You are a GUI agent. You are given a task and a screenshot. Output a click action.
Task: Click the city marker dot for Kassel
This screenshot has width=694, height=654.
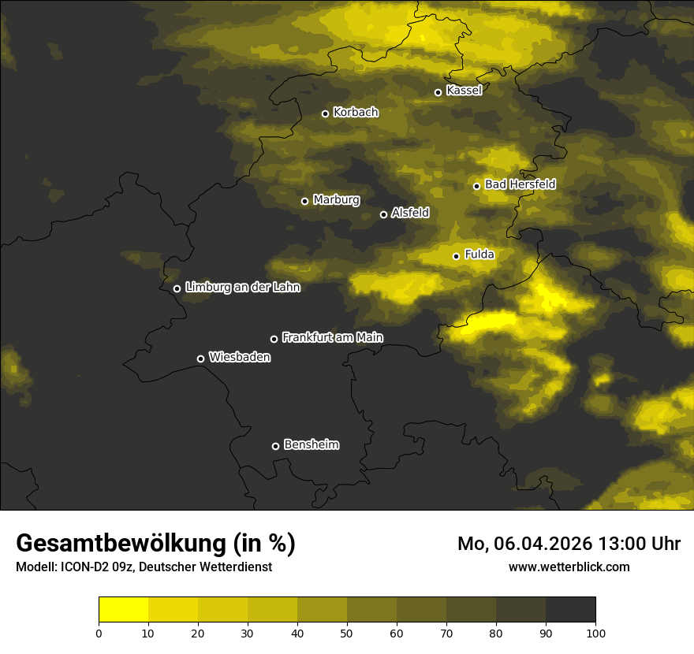click(x=438, y=92)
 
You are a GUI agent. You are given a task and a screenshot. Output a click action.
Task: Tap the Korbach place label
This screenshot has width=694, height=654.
click(x=356, y=113)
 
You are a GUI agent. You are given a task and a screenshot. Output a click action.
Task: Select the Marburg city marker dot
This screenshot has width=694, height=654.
click(x=304, y=201)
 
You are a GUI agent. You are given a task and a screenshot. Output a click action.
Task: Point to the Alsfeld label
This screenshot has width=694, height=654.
click(x=410, y=213)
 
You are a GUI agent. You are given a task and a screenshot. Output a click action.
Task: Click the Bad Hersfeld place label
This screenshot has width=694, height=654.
click(x=520, y=184)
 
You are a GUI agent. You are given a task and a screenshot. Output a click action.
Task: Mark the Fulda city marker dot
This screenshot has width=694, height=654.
click(x=456, y=256)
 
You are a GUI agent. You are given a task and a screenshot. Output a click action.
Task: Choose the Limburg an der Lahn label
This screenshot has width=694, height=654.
click(x=242, y=288)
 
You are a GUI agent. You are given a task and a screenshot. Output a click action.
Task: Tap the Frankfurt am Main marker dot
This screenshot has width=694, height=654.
click(x=274, y=339)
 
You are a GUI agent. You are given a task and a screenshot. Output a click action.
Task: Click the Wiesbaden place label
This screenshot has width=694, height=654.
click(x=240, y=358)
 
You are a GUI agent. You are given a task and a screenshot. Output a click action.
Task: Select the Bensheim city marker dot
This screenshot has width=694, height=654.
click(x=275, y=446)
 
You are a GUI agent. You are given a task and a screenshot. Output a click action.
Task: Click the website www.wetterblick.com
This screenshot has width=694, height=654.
click(x=569, y=567)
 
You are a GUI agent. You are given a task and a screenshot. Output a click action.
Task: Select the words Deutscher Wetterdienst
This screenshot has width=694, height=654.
click(x=212, y=567)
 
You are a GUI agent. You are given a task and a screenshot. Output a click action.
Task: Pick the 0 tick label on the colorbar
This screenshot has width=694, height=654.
click(x=99, y=633)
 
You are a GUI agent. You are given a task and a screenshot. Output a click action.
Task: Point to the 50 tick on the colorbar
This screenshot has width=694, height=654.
click(x=347, y=633)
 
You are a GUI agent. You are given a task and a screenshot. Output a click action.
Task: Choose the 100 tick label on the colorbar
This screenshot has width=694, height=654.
click(x=595, y=633)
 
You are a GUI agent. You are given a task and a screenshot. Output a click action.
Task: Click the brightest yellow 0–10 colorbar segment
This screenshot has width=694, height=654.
click(x=123, y=610)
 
